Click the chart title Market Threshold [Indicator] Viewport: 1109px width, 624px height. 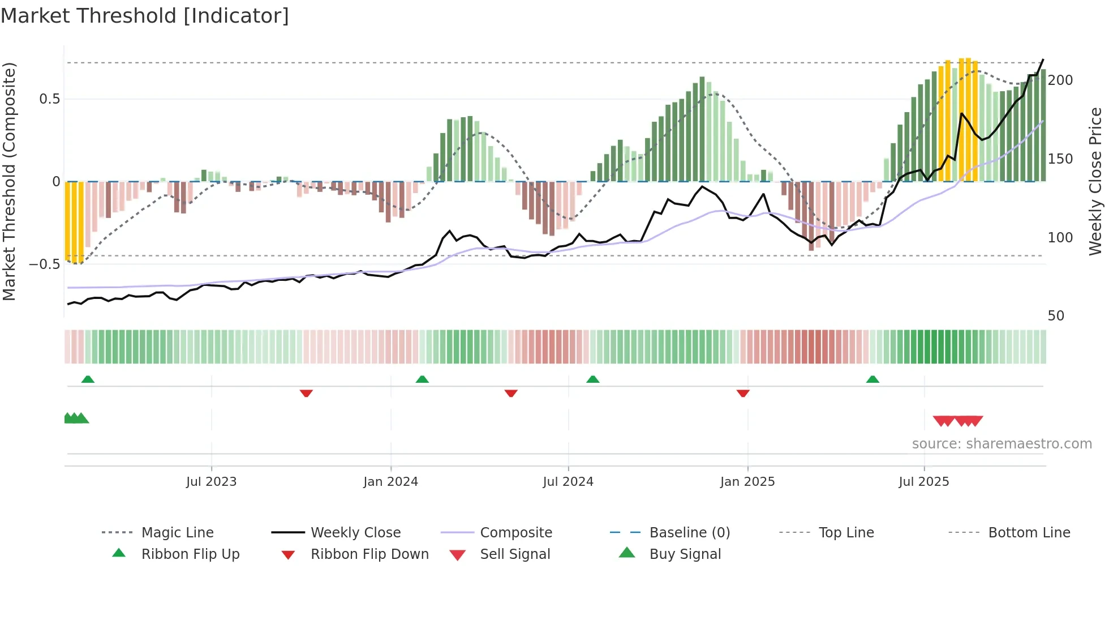click(145, 16)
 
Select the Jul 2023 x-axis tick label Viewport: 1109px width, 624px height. click(211, 482)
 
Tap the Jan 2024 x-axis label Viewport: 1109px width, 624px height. click(390, 482)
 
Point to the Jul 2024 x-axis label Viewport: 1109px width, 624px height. click(568, 482)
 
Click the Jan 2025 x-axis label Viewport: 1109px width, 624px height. click(747, 482)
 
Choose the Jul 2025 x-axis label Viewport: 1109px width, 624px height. click(923, 482)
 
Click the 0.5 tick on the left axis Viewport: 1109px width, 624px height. click(49, 99)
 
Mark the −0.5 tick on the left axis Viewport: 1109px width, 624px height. click(45, 264)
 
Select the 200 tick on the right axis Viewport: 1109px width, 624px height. click(1060, 80)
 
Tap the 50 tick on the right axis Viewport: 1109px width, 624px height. click(1056, 316)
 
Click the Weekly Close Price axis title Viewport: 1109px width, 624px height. click(1095, 181)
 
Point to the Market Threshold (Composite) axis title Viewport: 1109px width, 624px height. click(9, 181)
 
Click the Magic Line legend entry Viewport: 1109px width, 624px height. click(177, 533)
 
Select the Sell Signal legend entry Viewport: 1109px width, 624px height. click(514, 554)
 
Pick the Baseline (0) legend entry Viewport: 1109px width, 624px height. click(689, 533)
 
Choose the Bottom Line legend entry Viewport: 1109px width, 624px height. click(1029, 533)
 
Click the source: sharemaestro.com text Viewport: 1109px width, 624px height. click(1001, 444)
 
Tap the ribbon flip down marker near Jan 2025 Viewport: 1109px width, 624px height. click(743, 393)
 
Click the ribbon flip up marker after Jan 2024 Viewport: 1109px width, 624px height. click(422, 379)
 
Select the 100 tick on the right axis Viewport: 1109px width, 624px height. click(1060, 238)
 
